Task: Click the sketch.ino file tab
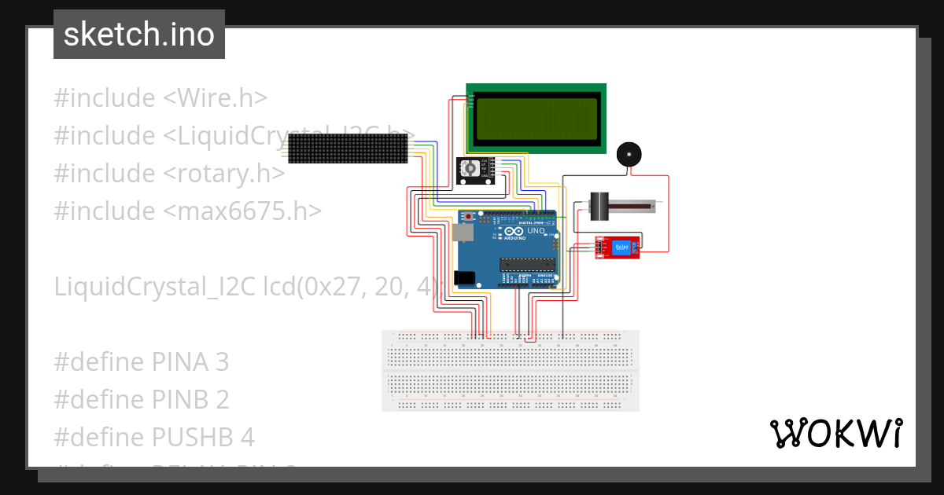(138, 35)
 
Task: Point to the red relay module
(617, 247)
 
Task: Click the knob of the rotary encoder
(470, 167)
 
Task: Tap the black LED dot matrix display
(348, 148)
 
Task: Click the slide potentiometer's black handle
(601, 206)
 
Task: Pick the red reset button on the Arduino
(470, 215)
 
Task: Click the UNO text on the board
(535, 231)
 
